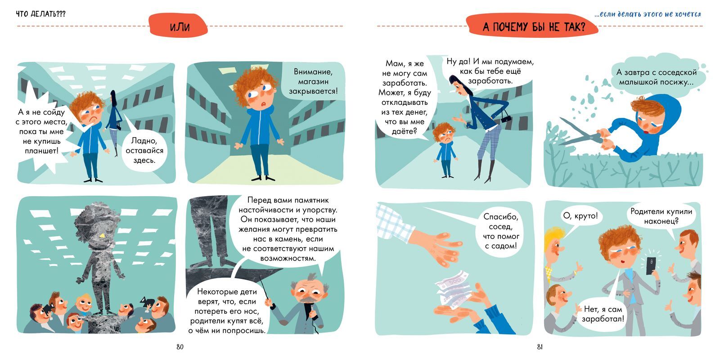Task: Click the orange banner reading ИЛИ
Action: click(x=178, y=26)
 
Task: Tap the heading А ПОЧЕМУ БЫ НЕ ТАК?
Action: click(x=534, y=27)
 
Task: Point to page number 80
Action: click(x=180, y=347)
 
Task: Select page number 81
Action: click(x=540, y=347)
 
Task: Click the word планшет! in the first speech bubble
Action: click(x=42, y=150)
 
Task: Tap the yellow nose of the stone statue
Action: click(x=102, y=236)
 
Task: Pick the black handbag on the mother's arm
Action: click(x=506, y=118)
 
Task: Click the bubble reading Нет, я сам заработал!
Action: click(x=603, y=314)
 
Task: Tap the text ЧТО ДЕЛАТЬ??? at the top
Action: click(x=41, y=14)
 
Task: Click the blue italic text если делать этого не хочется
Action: click(x=648, y=14)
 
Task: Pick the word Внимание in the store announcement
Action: click(x=313, y=72)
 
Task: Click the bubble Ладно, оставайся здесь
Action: click(x=144, y=150)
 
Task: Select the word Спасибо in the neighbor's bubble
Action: click(x=501, y=216)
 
